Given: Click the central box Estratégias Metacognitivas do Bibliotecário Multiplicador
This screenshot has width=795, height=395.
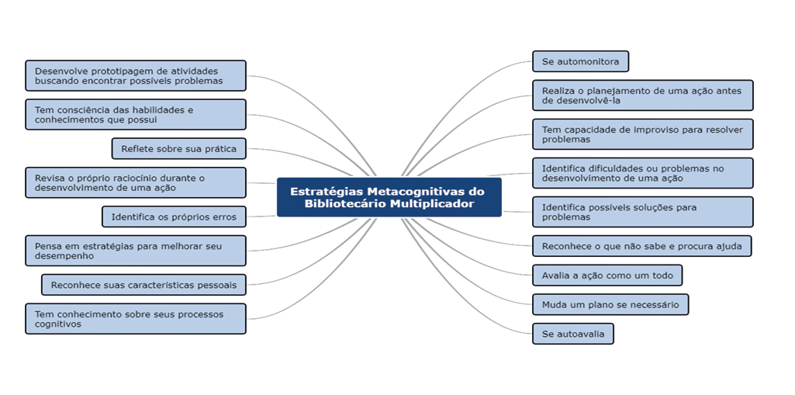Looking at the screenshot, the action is click(x=389, y=197).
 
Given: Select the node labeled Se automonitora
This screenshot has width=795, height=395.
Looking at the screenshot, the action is click(x=580, y=61).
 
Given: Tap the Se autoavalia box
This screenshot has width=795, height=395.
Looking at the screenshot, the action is click(x=573, y=334).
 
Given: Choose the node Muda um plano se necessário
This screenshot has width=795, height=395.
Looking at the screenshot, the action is click(x=610, y=305).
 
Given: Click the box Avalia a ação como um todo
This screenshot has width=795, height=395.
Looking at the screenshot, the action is click(x=607, y=275).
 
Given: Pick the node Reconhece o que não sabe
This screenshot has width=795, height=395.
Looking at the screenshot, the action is click(x=642, y=246).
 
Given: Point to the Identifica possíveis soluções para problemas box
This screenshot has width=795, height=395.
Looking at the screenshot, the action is click(x=643, y=212).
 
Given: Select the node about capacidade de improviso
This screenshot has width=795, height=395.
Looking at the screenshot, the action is click(x=643, y=134).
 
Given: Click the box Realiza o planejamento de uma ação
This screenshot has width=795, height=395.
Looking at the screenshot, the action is click(x=643, y=95).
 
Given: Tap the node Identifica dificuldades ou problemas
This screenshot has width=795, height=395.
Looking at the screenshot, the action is click(x=643, y=173).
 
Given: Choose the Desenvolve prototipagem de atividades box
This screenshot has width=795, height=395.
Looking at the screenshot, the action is click(x=136, y=75).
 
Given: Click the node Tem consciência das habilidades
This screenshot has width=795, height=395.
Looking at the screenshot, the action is click(x=136, y=115).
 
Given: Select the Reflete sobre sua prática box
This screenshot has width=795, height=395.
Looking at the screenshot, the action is click(x=179, y=148).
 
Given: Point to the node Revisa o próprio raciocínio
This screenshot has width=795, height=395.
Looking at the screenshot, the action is click(x=136, y=182).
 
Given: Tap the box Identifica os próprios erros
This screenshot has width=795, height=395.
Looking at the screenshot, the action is click(x=174, y=217).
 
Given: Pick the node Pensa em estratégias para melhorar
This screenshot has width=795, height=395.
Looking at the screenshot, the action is click(x=136, y=251).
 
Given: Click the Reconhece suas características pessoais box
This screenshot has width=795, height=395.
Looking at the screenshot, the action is click(x=144, y=285).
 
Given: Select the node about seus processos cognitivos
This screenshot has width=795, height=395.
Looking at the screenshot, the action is click(x=136, y=318).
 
